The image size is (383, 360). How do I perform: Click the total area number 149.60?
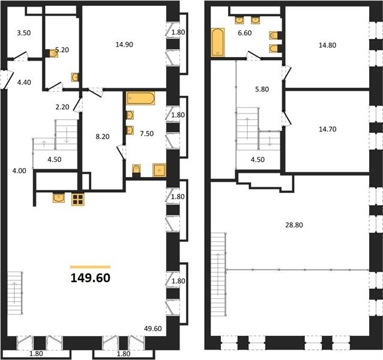(x=91, y=278)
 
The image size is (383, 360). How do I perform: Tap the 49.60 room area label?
(x=152, y=329)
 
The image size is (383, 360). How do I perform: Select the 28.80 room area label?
(x=294, y=225)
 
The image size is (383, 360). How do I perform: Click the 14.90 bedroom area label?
(x=124, y=44)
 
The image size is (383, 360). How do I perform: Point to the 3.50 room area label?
(x=24, y=33)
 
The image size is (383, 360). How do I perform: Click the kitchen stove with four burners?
(x=78, y=199)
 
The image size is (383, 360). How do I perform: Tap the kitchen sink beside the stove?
(x=59, y=197)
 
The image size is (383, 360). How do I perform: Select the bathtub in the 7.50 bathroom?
(x=140, y=98)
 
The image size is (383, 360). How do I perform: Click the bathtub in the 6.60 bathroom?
(x=218, y=43)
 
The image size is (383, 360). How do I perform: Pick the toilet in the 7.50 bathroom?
(x=136, y=170)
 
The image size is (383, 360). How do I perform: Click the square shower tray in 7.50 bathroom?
(x=159, y=170)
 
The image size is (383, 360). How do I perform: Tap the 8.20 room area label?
(x=102, y=136)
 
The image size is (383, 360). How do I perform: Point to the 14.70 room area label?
(x=328, y=129)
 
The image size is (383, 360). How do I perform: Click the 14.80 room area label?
(x=327, y=45)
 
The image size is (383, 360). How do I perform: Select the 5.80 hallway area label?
(x=262, y=89)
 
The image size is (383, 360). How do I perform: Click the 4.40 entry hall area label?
(x=24, y=82)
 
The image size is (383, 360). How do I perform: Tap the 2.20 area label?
(x=62, y=107)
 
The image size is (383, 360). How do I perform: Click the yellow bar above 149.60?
(x=91, y=267)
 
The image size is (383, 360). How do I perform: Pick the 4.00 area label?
(x=19, y=171)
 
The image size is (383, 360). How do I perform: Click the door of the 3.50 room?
(x=20, y=56)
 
